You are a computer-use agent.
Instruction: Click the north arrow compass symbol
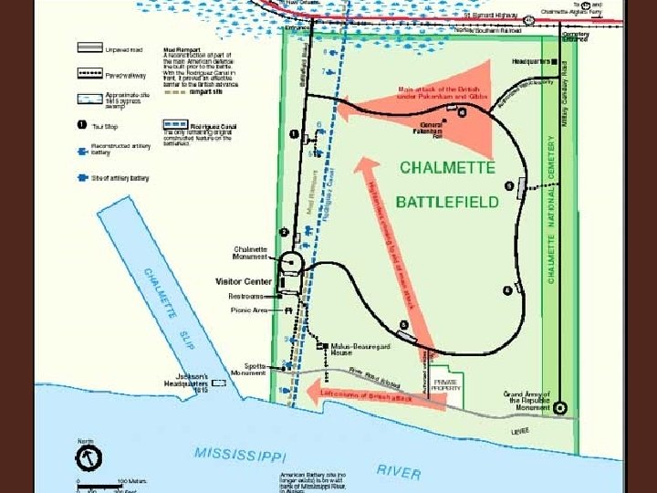89,456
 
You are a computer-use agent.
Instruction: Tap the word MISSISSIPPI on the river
239,453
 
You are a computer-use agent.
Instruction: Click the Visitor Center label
244,281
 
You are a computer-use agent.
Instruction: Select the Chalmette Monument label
250,252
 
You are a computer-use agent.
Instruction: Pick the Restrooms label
245,296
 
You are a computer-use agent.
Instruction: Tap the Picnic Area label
247,310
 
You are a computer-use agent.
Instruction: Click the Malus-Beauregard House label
351,350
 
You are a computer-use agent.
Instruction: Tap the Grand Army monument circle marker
560,409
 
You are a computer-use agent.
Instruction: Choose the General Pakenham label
432,127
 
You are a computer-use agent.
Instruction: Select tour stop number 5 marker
403,325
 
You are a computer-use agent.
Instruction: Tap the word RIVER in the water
399,471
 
